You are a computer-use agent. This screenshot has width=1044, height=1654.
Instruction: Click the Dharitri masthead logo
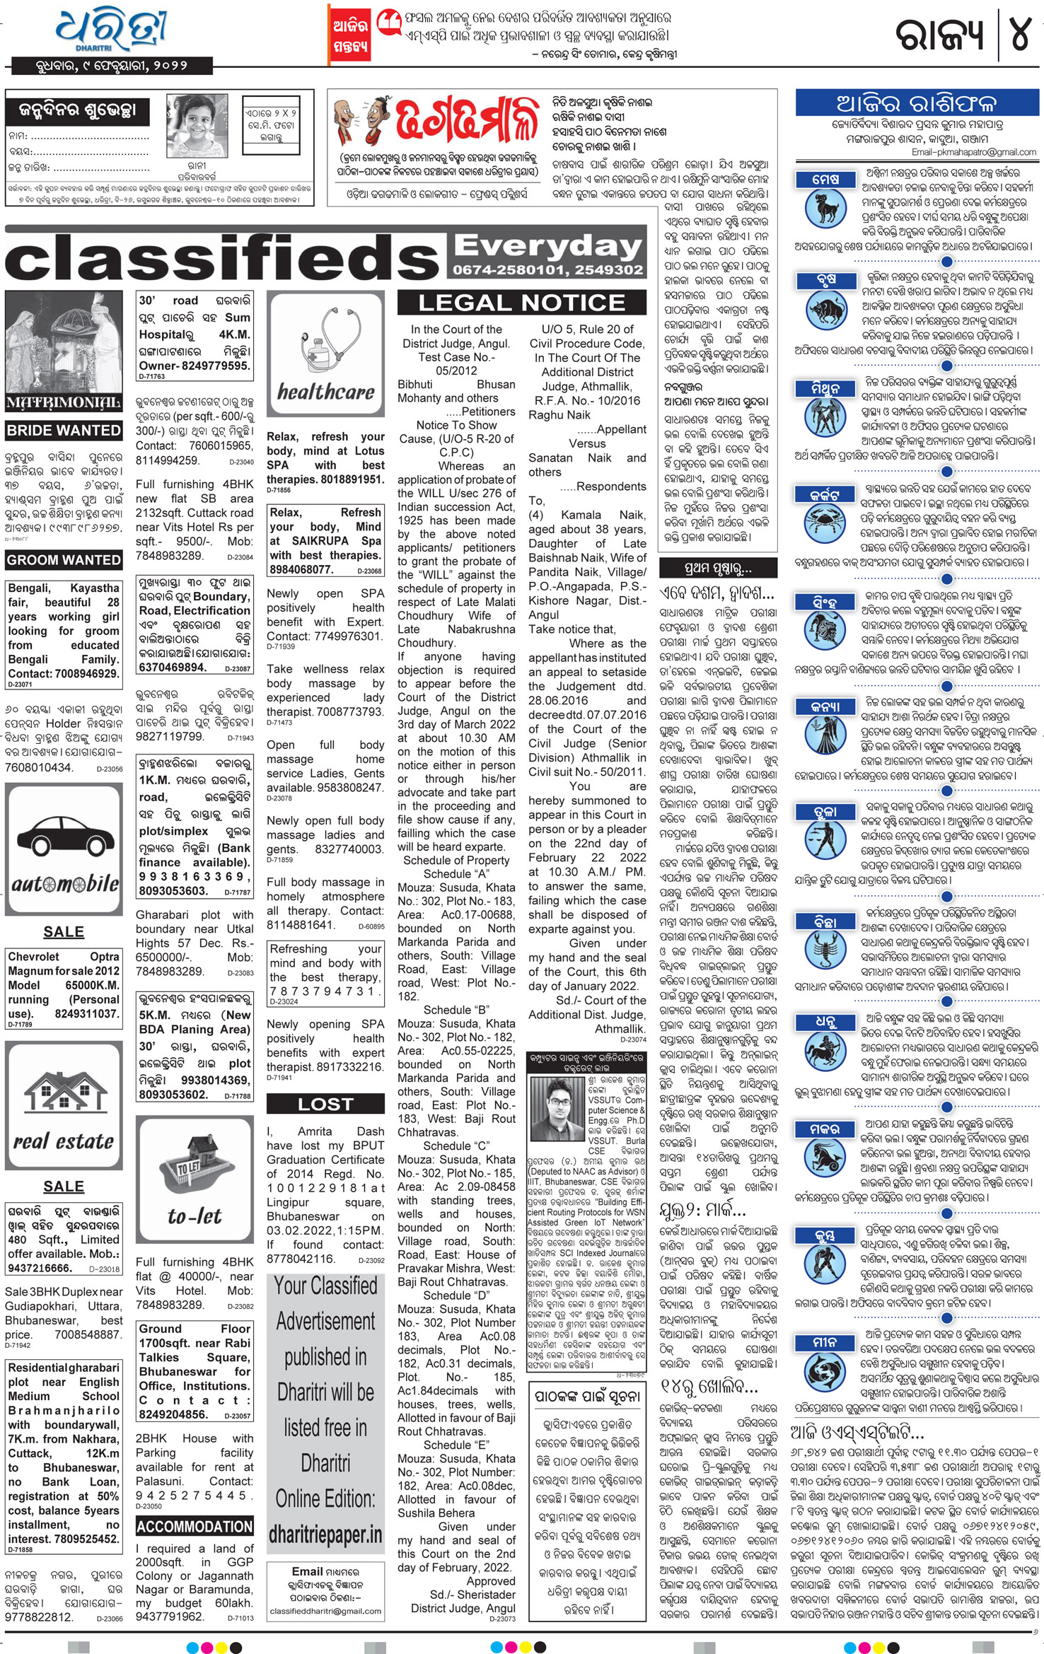[112, 32]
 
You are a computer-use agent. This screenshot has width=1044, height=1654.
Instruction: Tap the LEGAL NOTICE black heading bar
[521, 303]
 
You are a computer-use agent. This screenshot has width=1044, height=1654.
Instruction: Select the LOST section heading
[325, 1104]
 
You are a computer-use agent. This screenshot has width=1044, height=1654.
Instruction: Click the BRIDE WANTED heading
[64, 430]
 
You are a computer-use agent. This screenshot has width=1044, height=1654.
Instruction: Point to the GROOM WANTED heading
[64, 559]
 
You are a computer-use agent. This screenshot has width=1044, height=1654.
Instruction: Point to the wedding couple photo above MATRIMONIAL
[63, 342]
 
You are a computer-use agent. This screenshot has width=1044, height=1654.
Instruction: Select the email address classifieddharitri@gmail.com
[325, 1611]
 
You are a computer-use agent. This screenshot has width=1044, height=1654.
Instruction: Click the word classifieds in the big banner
[223, 258]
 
